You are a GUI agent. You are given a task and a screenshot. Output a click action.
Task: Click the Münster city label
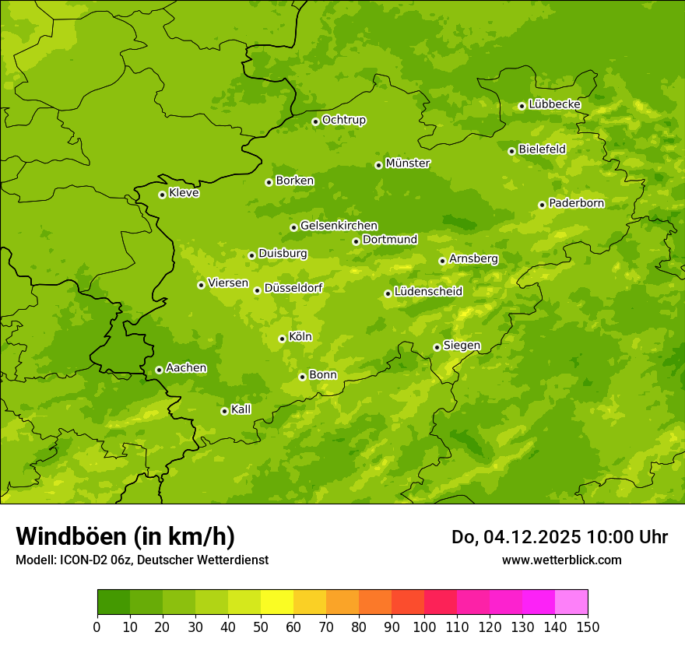(x=407, y=163)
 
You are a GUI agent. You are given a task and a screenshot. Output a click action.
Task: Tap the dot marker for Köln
(x=282, y=339)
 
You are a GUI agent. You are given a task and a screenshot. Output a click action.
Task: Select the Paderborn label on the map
(x=576, y=203)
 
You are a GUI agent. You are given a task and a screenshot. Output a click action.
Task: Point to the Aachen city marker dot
(x=159, y=370)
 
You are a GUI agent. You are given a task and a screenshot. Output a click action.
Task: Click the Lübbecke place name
(x=554, y=104)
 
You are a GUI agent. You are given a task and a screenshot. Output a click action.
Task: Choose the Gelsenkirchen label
(x=339, y=226)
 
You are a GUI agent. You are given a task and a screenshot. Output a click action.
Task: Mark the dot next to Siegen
(x=437, y=347)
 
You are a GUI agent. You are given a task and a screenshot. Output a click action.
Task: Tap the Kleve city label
(x=184, y=193)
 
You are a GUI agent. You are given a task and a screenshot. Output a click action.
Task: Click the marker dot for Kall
(x=224, y=411)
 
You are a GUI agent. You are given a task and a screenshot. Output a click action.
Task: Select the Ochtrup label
(x=343, y=120)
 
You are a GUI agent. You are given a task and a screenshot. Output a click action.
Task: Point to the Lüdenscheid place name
(x=428, y=292)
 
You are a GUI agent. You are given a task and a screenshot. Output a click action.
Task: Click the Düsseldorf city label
(x=293, y=288)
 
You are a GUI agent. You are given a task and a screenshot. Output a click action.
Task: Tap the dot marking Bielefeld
(x=511, y=151)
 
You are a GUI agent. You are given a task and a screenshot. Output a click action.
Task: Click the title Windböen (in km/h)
(x=125, y=536)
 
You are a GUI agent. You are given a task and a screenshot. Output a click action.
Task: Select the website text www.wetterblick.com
(x=561, y=560)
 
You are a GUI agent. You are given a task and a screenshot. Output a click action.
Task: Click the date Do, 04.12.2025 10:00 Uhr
(x=559, y=537)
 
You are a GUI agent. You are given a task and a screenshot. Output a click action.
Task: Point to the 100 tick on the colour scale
(x=424, y=627)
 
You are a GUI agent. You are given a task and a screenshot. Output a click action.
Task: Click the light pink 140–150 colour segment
(x=571, y=602)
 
